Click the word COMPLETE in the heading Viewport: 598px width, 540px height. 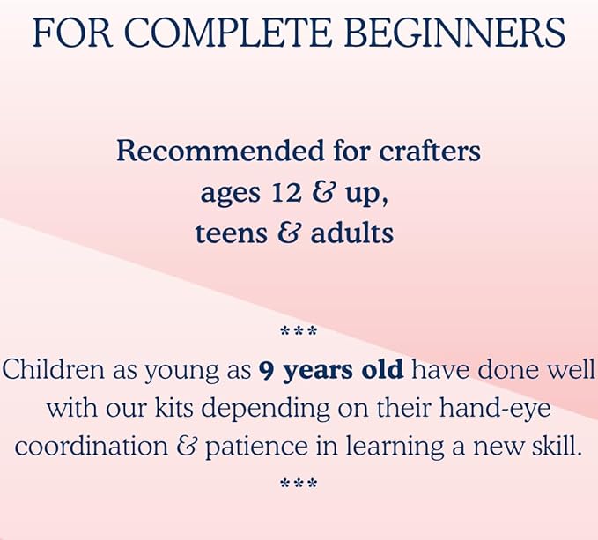point(226,33)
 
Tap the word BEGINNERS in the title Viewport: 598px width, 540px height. point(455,33)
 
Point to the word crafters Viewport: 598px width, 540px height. point(430,151)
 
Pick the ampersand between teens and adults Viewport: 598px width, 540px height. point(288,233)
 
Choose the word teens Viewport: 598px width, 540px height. point(231,233)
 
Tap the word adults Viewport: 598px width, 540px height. point(352,233)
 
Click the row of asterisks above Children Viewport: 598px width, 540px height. point(299,330)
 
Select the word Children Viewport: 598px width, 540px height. point(54,369)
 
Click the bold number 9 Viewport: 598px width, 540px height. point(265,370)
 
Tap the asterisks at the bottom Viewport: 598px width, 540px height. point(299,484)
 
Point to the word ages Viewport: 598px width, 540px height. point(231,194)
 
